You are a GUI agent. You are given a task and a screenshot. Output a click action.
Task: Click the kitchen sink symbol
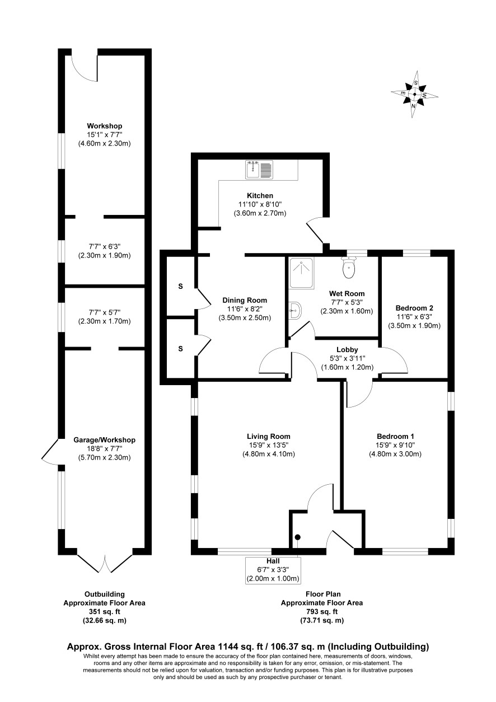(259, 170)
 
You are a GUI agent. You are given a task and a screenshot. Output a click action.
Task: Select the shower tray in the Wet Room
(301, 273)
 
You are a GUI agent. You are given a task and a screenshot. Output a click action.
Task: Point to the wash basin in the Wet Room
(295, 311)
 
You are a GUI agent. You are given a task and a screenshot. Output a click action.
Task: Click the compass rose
(414, 94)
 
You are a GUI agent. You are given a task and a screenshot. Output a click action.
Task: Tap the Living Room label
(269, 436)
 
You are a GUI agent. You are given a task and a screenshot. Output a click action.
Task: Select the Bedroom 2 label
(414, 308)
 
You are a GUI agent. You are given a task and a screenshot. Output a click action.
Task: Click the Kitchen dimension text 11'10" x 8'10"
(260, 204)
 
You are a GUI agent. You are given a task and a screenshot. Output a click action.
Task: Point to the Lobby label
(347, 349)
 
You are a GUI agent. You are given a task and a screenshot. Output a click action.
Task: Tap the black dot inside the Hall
(298, 537)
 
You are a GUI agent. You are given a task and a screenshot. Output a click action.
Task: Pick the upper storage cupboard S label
(180, 286)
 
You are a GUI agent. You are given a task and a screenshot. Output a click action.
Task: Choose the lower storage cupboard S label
(180, 349)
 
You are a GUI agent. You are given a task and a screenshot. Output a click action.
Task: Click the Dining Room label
(245, 300)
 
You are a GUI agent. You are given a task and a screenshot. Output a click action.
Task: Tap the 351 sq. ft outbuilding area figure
(104, 611)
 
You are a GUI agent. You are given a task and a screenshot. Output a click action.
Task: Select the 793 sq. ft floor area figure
(322, 611)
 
